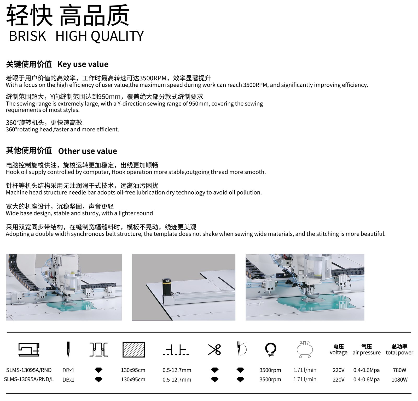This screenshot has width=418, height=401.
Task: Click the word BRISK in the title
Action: (27, 36)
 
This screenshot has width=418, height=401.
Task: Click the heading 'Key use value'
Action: (83, 64)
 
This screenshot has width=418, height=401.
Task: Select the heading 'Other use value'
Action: (88, 151)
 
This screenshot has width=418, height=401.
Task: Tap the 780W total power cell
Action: (399, 370)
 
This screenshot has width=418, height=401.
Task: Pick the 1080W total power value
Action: (399, 380)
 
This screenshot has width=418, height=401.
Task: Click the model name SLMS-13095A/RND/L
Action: (29, 380)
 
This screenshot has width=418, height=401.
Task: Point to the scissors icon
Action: (214, 349)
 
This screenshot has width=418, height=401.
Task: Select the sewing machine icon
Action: (29, 349)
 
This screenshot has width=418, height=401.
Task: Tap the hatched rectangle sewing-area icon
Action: (133, 349)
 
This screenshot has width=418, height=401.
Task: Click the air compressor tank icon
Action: (305, 349)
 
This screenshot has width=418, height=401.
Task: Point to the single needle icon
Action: (68, 349)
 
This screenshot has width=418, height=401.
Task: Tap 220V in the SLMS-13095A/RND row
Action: (339, 370)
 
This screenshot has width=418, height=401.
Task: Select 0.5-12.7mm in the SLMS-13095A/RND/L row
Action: (177, 380)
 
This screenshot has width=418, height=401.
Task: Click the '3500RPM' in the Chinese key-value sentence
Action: (153, 78)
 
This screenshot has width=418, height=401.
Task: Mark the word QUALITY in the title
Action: (118, 36)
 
